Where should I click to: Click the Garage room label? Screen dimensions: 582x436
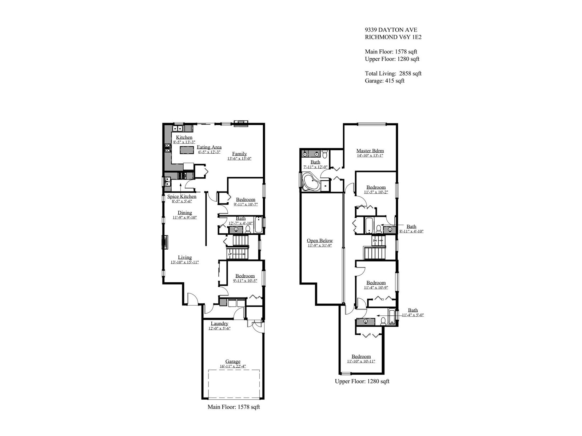[x=233, y=362]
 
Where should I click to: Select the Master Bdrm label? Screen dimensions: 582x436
[x=370, y=151]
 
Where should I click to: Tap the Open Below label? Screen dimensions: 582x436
[x=320, y=241]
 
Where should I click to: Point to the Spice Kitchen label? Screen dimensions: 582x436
[x=182, y=197]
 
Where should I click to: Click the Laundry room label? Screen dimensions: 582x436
[x=219, y=323]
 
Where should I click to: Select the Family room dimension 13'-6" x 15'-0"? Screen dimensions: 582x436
[x=239, y=158]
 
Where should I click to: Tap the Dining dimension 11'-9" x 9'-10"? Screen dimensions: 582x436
[x=185, y=218]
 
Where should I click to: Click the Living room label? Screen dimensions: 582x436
[x=185, y=257]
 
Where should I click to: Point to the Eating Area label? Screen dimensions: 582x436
[x=209, y=147]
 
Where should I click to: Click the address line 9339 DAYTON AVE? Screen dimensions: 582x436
[x=391, y=30]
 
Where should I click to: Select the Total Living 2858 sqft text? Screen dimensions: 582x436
[x=393, y=73]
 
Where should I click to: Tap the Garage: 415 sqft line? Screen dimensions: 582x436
[x=384, y=81]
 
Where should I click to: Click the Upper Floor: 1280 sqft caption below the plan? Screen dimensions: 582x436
[x=362, y=381]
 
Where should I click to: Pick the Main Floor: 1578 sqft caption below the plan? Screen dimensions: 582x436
[x=234, y=407]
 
